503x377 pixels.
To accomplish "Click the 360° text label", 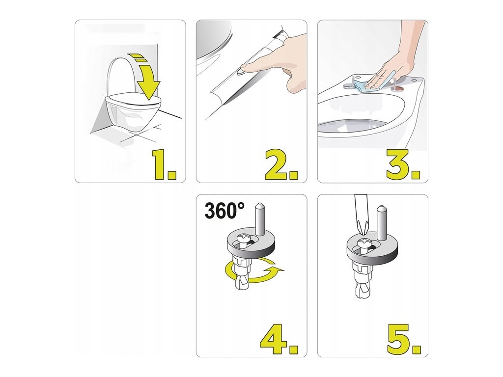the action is click(224, 211).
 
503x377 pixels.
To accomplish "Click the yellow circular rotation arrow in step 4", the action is click(253, 271).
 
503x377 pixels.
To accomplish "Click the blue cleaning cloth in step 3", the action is click(372, 84).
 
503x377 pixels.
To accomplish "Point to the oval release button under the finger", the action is click(240, 73).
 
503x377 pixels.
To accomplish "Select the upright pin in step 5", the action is click(381, 222).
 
